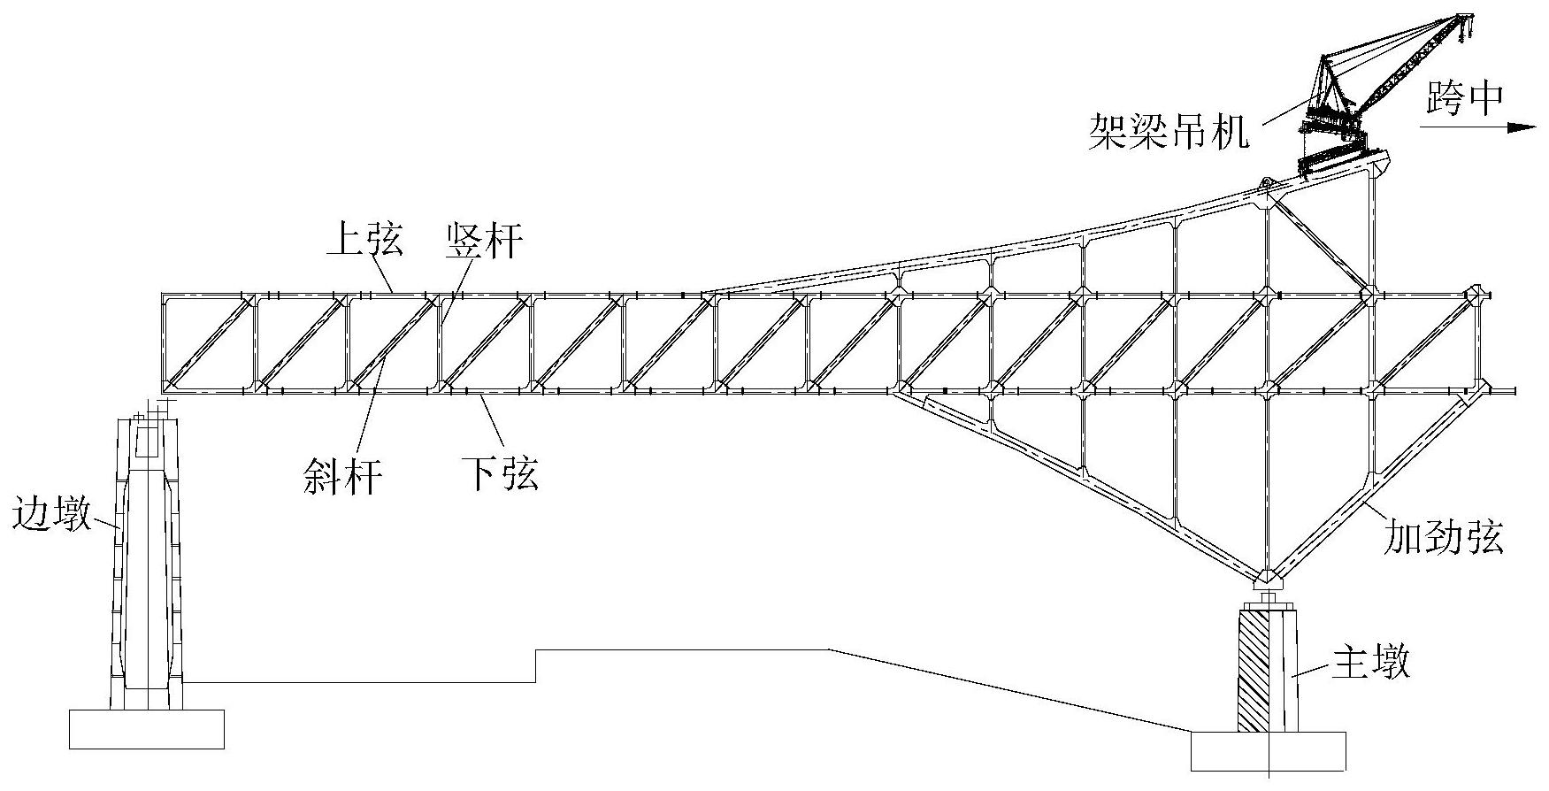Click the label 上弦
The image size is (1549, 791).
(364, 241)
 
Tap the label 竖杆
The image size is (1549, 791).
(484, 241)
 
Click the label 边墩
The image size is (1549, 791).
(52, 513)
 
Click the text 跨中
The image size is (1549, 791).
(1464, 99)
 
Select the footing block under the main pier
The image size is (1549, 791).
(1268, 750)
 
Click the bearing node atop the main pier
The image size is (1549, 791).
(1269, 580)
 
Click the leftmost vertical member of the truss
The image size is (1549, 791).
(165, 342)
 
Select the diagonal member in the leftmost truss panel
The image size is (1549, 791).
(209, 342)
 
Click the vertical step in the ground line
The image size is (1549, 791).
(536, 665)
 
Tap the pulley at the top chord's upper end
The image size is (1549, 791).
(1266, 184)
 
